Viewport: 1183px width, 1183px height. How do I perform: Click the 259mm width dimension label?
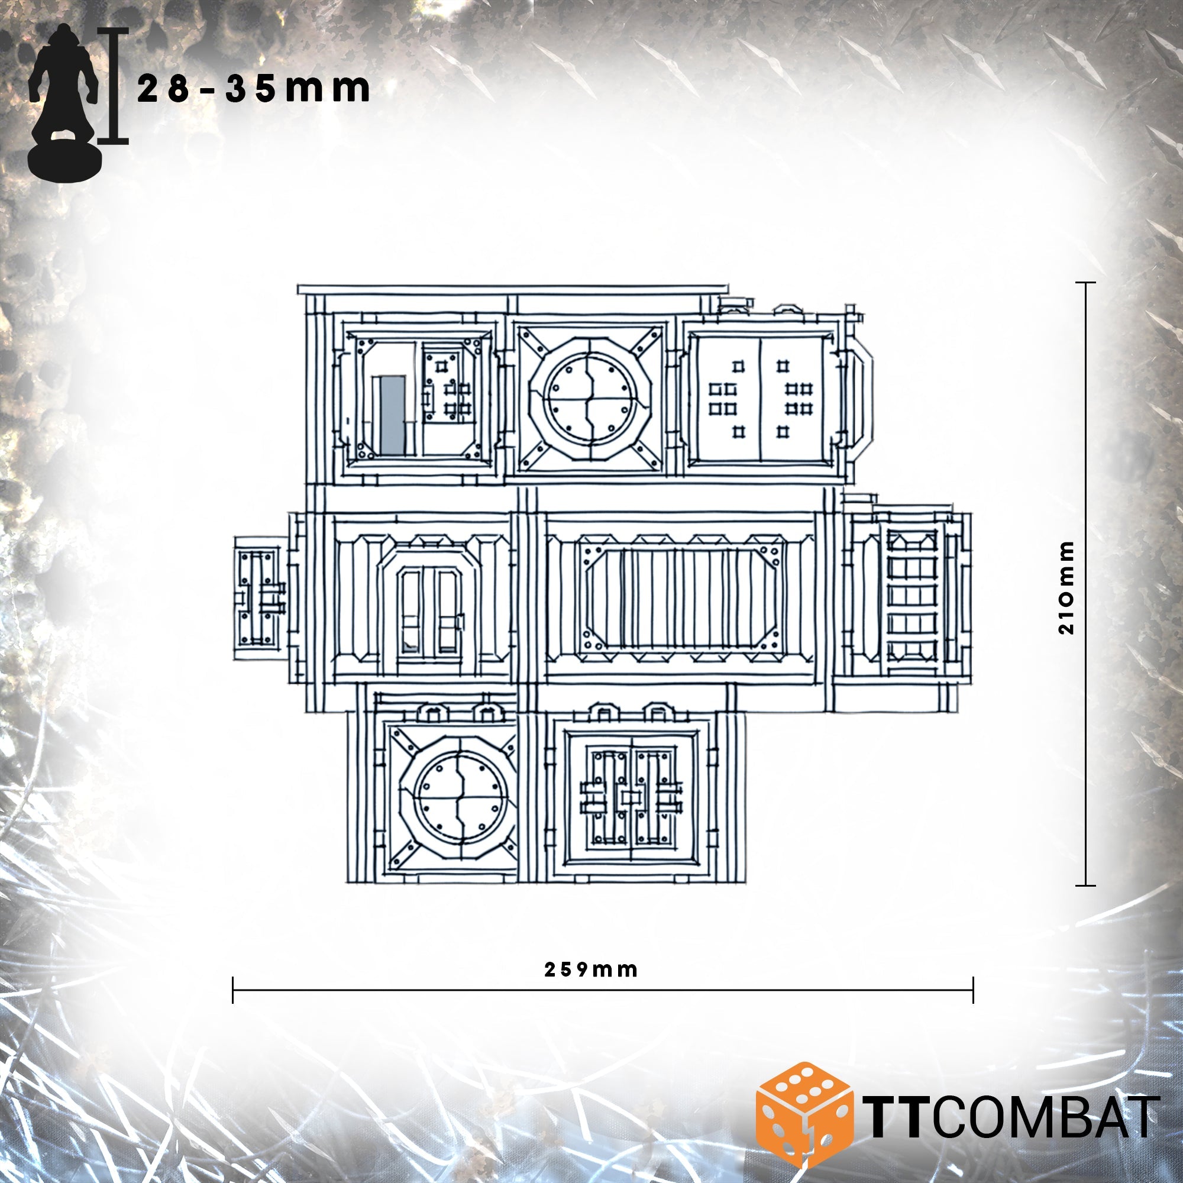click(x=591, y=969)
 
